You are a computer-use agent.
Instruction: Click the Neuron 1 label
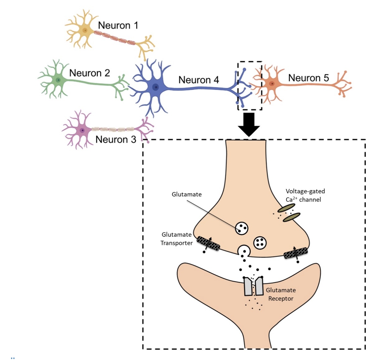tap(118, 25)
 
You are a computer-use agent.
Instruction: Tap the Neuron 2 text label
tap(89, 73)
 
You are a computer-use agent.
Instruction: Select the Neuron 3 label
tap(115, 139)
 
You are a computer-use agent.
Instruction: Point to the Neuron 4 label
tap(198, 80)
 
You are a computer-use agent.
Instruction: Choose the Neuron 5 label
tap(308, 78)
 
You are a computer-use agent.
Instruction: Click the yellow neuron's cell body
tap(85, 31)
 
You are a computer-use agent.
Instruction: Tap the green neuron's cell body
tap(58, 80)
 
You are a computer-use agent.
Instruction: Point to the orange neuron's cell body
tap(271, 84)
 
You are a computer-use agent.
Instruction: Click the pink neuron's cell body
tap(82, 130)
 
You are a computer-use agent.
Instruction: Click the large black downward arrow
tap(249, 124)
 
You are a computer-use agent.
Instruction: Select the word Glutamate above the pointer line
tap(186, 194)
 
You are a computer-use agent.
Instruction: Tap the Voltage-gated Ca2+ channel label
tap(305, 195)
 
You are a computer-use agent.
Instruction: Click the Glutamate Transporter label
tap(176, 239)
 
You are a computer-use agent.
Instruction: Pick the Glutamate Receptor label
tap(281, 294)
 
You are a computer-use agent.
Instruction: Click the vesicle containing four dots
tap(260, 243)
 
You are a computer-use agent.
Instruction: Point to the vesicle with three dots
tap(242, 228)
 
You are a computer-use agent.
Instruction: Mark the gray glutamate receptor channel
tap(254, 286)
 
